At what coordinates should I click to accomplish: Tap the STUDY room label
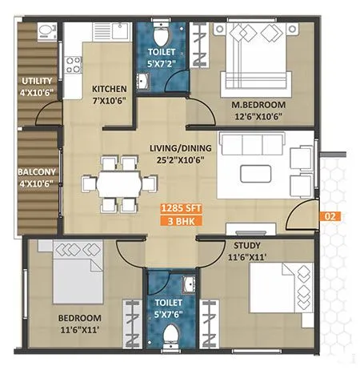pyautogui.click(x=246, y=245)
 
